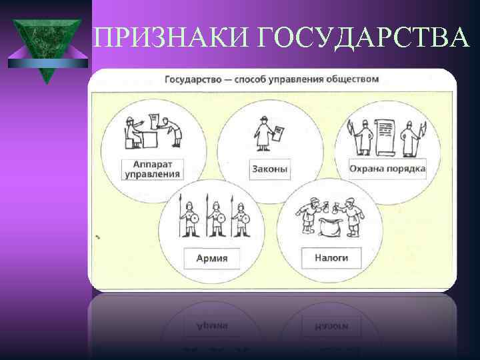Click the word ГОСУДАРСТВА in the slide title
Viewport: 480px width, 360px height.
click(361, 39)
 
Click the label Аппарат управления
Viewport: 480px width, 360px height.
click(153, 169)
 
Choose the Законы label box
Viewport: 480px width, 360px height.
click(270, 169)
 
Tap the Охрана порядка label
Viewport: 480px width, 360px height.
click(387, 169)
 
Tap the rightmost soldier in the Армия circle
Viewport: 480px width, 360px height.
click(240, 217)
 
